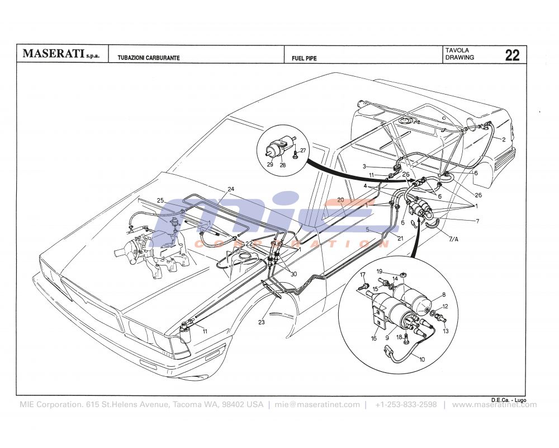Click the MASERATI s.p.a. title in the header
pyautogui.click(x=60, y=55)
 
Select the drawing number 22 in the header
pyautogui.click(x=512, y=55)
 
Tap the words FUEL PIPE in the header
pyautogui.click(x=304, y=58)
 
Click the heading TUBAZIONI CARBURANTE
pyautogui.click(x=149, y=58)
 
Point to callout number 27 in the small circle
pyautogui.click(x=303, y=151)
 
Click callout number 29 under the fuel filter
pyautogui.click(x=270, y=164)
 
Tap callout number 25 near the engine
pyautogui.click(x=160, y=200)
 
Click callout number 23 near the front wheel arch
pyautogui.click(x=262, y=322)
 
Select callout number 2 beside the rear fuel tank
pyautogui.click(x=503, y=139)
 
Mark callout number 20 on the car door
pyautogui.click(x=340, y=200)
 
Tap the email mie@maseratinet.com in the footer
pyautogui.click(x=317, y=405)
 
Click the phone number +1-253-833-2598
pyautogui.click(x=406, y=405)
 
